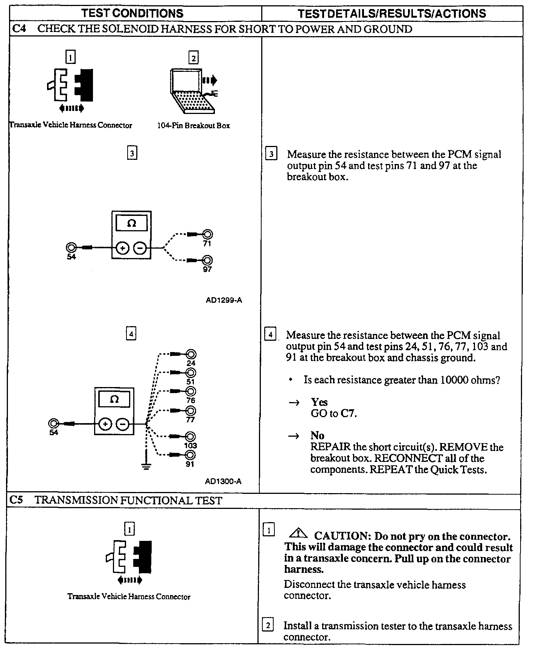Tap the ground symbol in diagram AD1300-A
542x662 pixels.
pos(146,466)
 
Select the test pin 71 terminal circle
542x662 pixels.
pos(207,235)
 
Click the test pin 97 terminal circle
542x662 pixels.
pos(207,260)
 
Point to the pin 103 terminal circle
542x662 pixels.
pos(190,436)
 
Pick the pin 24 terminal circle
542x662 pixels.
pos(191,354)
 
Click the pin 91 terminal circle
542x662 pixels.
pos(190,455)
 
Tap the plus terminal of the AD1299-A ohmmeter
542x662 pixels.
pos(123,248)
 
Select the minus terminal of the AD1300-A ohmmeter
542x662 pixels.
pos(123,424)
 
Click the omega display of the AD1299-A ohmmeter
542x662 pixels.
pos(131,223)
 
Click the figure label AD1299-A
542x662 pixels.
pos(224,300)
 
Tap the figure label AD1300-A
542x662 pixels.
pos(223,481)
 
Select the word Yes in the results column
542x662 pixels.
pos(319,402)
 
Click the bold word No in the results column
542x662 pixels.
pos(317,436)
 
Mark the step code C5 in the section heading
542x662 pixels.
pos(17,500)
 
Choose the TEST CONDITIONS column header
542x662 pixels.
pos(132,14)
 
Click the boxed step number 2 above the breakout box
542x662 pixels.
pos(193,58)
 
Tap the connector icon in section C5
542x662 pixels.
pos(129,557)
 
